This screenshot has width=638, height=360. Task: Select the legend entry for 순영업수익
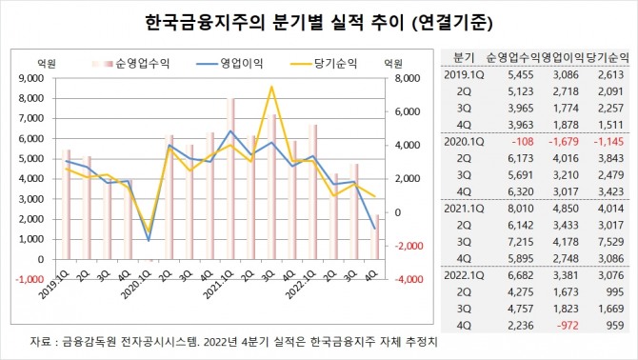(130, 64)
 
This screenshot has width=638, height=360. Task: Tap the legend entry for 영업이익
(229, 64)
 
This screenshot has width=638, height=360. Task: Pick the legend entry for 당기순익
(324, 64)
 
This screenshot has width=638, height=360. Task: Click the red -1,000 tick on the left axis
(30, 279)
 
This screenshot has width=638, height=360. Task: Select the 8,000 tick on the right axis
(408, 78)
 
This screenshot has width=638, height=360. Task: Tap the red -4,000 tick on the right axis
(409, 279)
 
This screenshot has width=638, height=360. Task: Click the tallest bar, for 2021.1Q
(230, 179)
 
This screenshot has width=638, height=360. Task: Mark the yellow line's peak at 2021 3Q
(271, 87)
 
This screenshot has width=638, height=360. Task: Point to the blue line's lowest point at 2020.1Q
(149, 240)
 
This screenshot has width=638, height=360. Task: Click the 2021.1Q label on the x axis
(219, 286)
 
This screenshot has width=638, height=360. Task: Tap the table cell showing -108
(521, 142)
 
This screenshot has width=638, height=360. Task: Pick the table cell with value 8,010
(521, 209)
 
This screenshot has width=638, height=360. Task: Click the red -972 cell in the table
(567, 326)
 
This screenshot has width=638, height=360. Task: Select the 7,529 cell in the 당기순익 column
(611, 242)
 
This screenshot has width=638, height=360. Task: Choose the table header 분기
(464, 58)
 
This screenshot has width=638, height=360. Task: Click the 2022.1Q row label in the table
(464, 275)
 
